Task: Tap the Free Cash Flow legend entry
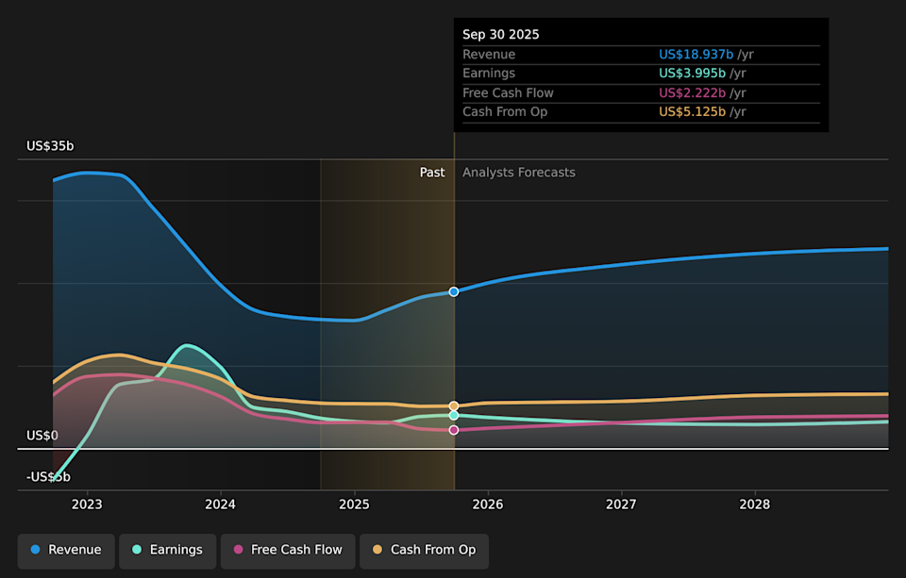tap(288, 550)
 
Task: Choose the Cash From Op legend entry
tap(424, 550)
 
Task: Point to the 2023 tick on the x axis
tap(87, 504)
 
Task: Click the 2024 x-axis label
tap(221, 504)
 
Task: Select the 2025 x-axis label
tap(354, 504)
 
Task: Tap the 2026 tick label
tap(488, 504)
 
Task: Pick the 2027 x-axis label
tap(621, 504)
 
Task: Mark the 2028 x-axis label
tap(755, 504)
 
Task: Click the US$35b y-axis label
tap(50, 146)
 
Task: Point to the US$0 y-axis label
tap(42, 436)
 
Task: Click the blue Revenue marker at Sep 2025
tap(454, 291)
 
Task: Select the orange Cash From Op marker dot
tap(454, 405)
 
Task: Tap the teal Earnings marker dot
tap(454, 415)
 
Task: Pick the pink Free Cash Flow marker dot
tap(454, 430)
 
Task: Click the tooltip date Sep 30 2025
tap(501, 34)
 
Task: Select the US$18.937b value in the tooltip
tap(696, 55)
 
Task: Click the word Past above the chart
tap(432, 173)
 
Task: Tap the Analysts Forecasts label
tap(518, 173)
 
